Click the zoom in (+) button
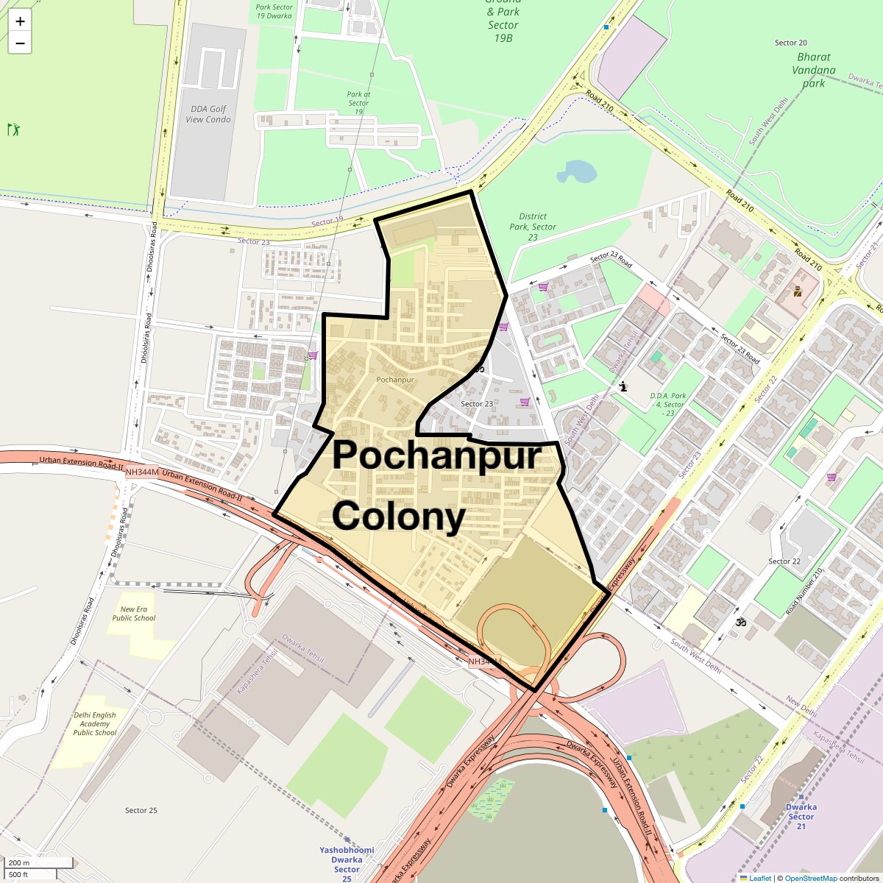[20, 21]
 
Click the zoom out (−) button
[20, 43]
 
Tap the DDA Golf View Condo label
[208, 114]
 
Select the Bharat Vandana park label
[813, 70]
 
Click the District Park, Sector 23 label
[533, 227]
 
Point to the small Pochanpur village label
[395, 380]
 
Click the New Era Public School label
[134, 614]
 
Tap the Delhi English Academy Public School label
[95, 723]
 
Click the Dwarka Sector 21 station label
[801, 817]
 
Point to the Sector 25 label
[141, 810]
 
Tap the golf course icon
[13, 130]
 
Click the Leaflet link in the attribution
[760, 878]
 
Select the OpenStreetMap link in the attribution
[811, 878]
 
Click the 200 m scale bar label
[19, 862]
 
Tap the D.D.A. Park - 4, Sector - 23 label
[667, 404]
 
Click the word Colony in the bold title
[399, 517]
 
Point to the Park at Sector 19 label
[358, 102]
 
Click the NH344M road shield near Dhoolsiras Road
[141, 472]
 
